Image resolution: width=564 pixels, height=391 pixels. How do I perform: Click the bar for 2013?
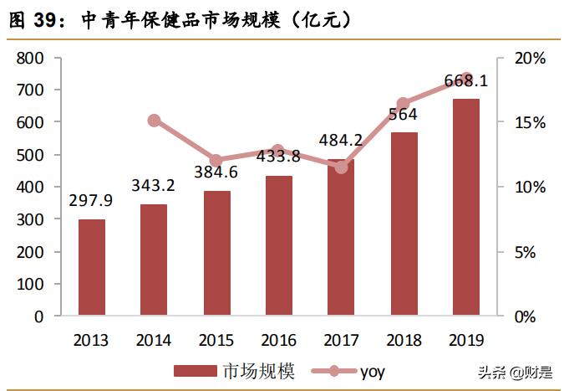92,268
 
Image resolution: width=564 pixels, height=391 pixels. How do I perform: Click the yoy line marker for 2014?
154,121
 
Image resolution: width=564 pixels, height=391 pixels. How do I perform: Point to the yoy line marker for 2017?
341,167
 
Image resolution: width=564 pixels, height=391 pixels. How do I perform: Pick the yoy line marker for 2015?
216,160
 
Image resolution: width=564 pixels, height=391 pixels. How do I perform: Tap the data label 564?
403,115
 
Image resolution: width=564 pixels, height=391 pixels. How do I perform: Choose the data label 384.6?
216,174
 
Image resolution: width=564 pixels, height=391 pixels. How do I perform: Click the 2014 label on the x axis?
154,340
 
